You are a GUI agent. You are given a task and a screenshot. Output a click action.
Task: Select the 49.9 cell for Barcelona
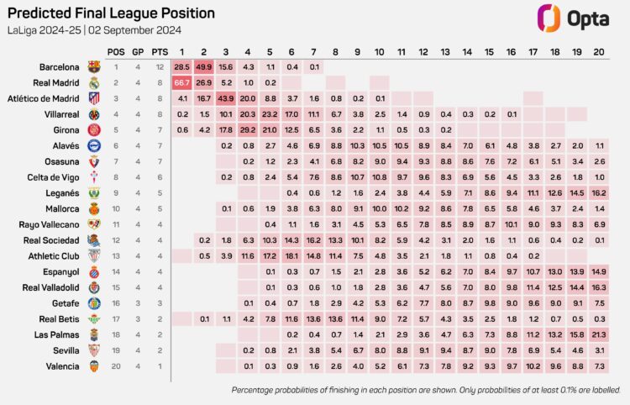[204, 66]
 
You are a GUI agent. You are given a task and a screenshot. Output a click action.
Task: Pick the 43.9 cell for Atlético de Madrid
[226, 97]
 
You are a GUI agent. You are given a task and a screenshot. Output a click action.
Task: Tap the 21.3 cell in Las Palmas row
[598, 334]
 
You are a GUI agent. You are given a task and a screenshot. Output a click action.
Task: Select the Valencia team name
[63, 366]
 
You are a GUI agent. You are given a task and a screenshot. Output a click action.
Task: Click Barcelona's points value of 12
[160, 66]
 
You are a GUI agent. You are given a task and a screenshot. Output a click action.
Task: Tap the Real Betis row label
[59, 318]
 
